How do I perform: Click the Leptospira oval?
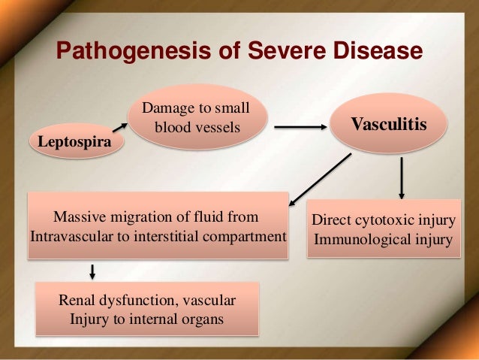pyautogui.click(x=75, y=141)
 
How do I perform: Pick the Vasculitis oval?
pyautogui.click(x=389, y=123)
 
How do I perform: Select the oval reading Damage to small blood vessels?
pyautogui.click(x=197, y=119)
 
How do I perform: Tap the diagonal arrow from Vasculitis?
pyautogui.click(x=319, y=180)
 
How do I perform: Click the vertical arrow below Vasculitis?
pyautogui.click(x=403, y=177)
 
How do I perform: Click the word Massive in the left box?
pyautogui.click(x=78, y=217)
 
